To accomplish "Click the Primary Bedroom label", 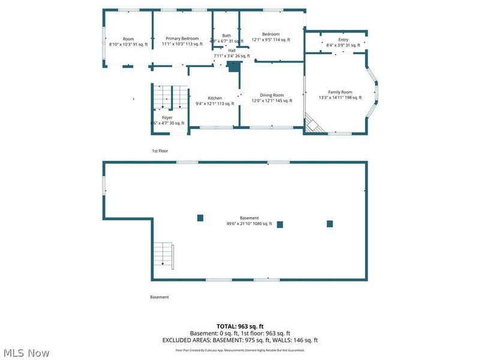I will click(x=181, y=38).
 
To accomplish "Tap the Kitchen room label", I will click(x=215, y=98).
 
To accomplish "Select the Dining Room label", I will click(x=272, y=95).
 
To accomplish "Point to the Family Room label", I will click(x=340, y=92).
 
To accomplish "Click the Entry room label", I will click(x=343, y=40).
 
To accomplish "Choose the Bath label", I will click(x=226, y=35).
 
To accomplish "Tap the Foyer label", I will click(x=167, y=118).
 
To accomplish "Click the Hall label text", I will click(x=232, y=50).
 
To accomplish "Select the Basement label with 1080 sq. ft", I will click(x=249, y=218).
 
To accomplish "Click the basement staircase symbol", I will click(x=163, y=254).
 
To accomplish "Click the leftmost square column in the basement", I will click(x=200, y=218).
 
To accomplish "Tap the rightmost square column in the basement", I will click(x=329, y=224).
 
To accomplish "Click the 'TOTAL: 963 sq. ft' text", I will click(x=240, y=326).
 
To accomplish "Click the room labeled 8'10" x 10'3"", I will click(x=128, y=41).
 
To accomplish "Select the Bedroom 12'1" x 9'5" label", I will click(x=271, y=37).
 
